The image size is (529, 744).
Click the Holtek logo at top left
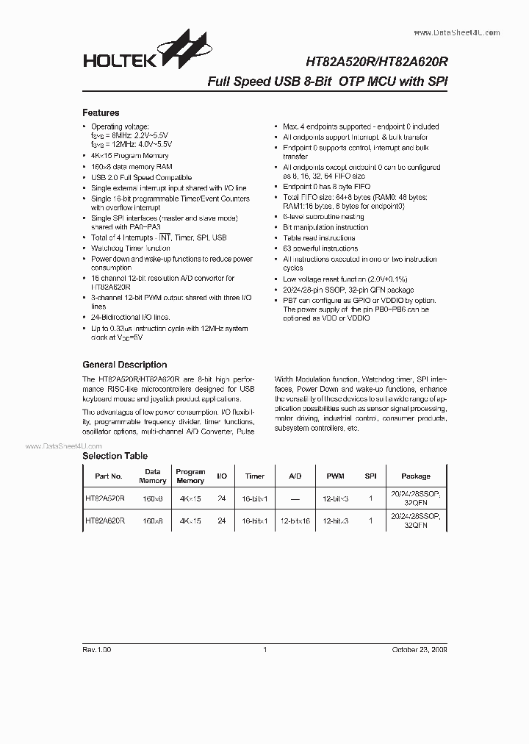click(x=135, y=53)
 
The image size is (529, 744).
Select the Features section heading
click(x=101, y=113)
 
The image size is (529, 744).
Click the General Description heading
click(x=124, y=365)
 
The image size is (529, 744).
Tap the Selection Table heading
click(x=115, y=456)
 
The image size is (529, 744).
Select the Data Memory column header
click(x=152, y=476)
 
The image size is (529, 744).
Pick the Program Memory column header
click(x=190, y=476)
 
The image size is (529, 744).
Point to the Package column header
click(x=416, y=476)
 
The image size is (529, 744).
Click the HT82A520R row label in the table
click(x=105, y=498)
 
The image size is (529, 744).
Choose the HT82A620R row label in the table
click(x=105, y=521)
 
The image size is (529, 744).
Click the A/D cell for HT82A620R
click(x=295, y=521)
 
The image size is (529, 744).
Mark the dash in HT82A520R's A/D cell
click(x=295, y=498)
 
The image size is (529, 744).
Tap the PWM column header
click(x=335, y=476)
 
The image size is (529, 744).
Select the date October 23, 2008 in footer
click(x=418, y=650)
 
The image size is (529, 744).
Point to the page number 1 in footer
click(x=264, y=650)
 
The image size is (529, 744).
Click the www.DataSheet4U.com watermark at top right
click(x=457, y=33)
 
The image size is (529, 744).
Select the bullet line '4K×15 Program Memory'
click(x=129, y=156)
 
